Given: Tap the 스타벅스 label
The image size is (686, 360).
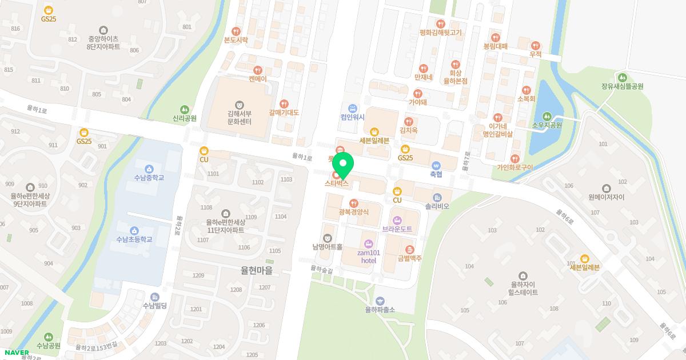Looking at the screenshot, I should (x=337, y=184).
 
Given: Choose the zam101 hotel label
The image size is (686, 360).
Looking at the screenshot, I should (x=369, y=256).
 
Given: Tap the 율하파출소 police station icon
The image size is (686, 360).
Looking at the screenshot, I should (x=381, y=301).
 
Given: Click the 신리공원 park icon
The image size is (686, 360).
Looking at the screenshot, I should (x=184, y=109).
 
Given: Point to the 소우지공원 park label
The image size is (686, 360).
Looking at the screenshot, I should (x=547, y=125).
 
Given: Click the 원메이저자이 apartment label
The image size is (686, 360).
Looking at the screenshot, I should (x=607, y=197).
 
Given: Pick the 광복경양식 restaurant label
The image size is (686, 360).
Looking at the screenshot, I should (x=354, y=211).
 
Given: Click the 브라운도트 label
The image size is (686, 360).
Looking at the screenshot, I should (x=397, y=229).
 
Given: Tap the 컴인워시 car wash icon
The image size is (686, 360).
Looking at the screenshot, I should (x=353, y=108).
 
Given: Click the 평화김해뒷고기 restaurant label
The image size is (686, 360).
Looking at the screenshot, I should (x=440, y=33).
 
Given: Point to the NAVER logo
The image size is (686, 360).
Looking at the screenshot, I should (x=14, y=353).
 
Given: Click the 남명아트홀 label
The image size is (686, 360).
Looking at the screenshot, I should (x=327, y=247).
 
